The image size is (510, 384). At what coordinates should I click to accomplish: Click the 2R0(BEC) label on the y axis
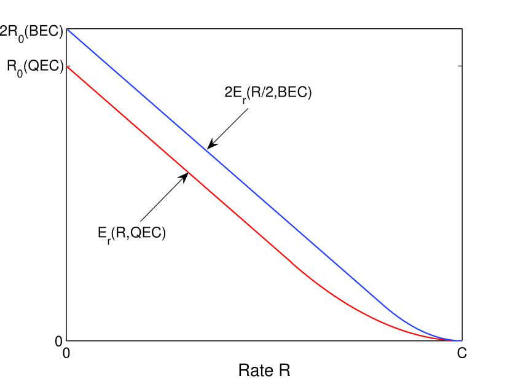pos(31,31)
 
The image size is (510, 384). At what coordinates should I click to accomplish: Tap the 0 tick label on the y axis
pos(59,341)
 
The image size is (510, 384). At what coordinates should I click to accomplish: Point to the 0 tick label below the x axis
pos(66,354)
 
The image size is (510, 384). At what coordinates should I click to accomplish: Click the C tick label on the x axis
pos(461,354)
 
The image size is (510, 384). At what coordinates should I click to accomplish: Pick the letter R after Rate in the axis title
pos(284,371)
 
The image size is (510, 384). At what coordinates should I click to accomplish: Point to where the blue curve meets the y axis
pos(66,29)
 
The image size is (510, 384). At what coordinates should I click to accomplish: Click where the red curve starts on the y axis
pos(66,66)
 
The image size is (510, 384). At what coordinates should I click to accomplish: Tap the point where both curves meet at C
pos(460,340)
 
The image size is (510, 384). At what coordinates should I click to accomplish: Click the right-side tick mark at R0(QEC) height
pos(459,66)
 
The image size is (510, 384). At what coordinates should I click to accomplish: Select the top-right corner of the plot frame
pos(461,29)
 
